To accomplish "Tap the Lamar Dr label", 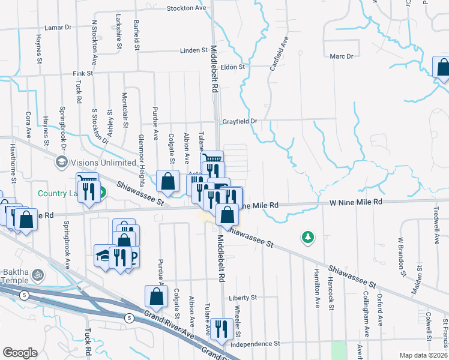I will tap(58, 28).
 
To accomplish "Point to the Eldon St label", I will tap(233, 67).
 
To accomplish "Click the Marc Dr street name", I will tap(342, 56).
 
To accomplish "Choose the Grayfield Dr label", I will tap(240, 121).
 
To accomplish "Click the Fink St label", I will tap(83, 73).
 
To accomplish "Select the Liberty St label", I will tap(243, 297).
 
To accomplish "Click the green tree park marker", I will tap(308, 237).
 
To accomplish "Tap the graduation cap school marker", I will tap(102, 254).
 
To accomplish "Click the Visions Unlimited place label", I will tap(103, 162).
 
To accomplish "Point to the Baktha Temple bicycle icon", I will tap(38, 274).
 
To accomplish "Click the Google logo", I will tap(20, 353).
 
